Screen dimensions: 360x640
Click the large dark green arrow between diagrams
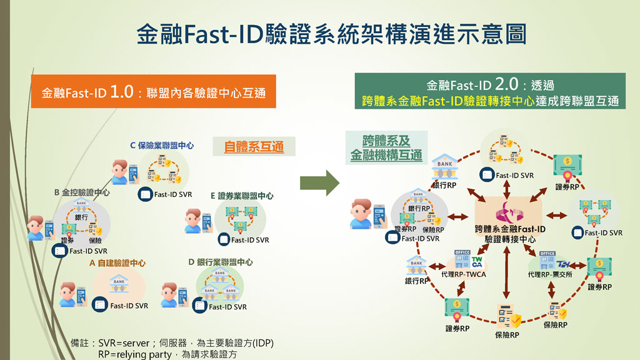[319, 183]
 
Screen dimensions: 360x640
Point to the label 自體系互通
[254, 147]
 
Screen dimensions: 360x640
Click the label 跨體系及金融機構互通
[386, 147]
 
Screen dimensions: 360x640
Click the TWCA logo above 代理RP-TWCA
[477, 262]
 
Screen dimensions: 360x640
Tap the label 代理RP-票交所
[549, 274]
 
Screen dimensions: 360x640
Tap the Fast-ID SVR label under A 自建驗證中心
[129, 306]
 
